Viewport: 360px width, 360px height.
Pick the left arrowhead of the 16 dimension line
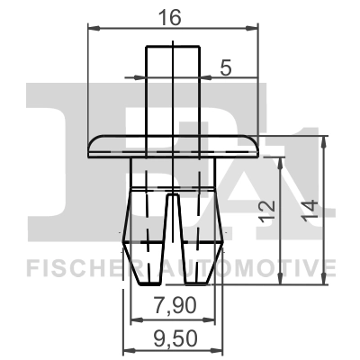[x=92, y=28]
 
